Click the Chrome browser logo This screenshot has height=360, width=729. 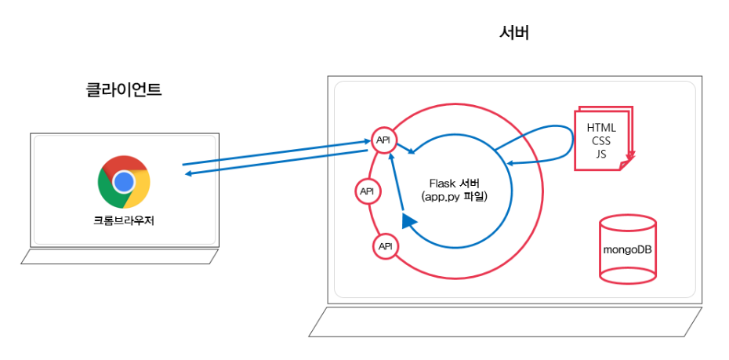[x=124, y=182]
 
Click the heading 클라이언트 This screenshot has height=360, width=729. [x=124, y=90]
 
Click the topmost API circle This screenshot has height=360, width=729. [x=383, y=140]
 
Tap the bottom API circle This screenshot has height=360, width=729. [x=385, y=246]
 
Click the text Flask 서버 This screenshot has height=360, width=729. [x=455, y=183]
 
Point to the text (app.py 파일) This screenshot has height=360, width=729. [x=455, y=198]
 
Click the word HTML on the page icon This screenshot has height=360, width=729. [x=600, y=128]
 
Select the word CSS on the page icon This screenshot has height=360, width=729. [x=600, y=140]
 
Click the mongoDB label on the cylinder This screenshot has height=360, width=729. [x=628, y=249]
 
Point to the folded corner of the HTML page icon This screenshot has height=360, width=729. [x=626, y=163]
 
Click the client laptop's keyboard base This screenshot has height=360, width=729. [x=119, y=257]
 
